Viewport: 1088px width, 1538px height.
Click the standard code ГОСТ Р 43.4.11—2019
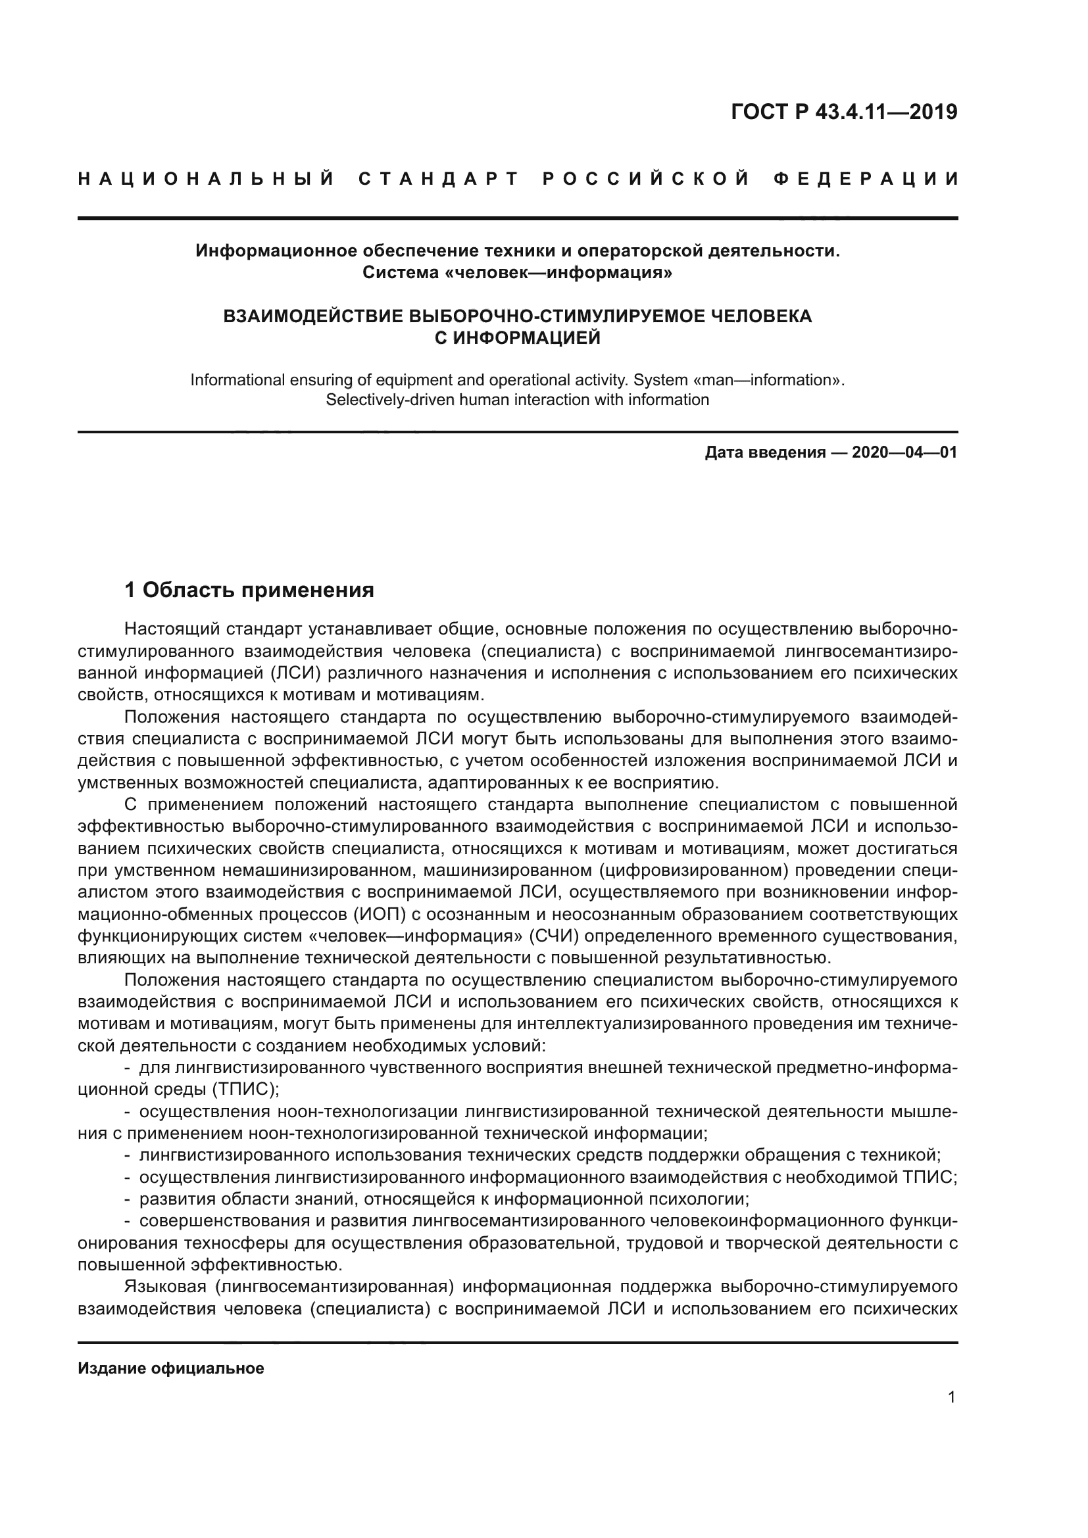[844, 112]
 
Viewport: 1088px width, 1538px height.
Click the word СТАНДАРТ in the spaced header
[439, 179]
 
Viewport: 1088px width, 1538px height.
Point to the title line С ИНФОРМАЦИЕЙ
[517, 338]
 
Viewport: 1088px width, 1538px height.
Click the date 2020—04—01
[904, 453]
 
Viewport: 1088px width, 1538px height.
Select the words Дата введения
[765, 453]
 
